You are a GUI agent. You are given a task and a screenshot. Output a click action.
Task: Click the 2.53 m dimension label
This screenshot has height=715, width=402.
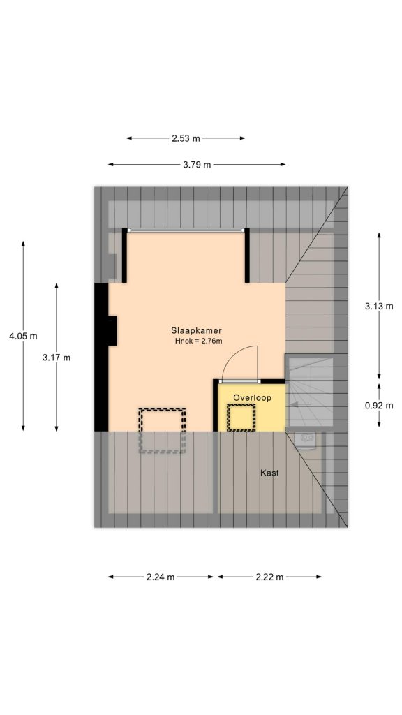tap(186, 138)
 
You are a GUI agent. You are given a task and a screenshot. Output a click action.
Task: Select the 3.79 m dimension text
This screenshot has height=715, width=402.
tap(197, 165)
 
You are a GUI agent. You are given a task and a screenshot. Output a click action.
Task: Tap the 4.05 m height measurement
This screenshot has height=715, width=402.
tap(23, 336)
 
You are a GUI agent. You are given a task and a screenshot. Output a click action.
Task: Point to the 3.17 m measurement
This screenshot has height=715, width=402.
tap(57, 357)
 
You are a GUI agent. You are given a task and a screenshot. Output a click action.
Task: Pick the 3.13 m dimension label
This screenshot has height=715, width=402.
tap(379, 306)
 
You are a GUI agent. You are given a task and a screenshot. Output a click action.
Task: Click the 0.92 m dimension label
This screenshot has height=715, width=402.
tap(379, 405)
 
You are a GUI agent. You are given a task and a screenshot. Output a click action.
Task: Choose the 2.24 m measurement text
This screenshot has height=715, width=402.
tap(161, 577)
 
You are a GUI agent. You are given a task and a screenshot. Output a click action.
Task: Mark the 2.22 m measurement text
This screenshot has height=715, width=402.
tap(269, 577)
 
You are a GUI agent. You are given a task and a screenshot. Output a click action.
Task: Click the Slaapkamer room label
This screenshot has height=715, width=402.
tap(196, 330)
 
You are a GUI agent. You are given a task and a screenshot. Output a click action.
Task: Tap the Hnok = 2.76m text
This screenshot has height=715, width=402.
tap(198, 341)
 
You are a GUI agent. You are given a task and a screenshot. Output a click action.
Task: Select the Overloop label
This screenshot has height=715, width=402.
tap(252, 397)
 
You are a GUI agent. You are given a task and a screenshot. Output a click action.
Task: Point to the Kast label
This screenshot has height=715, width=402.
tap(269, 473)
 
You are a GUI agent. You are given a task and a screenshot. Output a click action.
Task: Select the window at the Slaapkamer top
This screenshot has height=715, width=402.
tap(186, 230)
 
